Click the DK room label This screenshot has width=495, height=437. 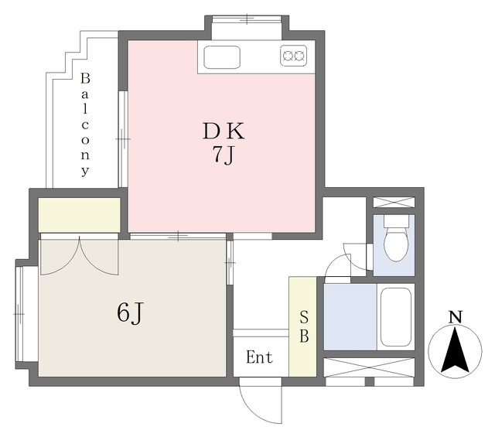(x=224, y=131)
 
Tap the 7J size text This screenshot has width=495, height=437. (x=224, y=155)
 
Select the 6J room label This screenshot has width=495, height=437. (x=130, y=312)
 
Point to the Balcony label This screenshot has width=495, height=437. (x=85, y=124)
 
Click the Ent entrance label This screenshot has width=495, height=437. (x=259, y=357)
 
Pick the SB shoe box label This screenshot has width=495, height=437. (x=304, y=326)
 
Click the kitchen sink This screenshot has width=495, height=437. (x=222, y=57)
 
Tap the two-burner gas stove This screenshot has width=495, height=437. (x=294, y=56)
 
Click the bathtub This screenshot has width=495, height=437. (x=396, y=317)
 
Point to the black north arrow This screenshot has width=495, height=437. (x=455, y=350)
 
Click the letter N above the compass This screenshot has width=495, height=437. (x=456, y=317)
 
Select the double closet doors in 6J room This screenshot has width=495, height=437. (x=80, y=255)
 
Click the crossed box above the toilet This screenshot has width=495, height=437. (x=394, y=203)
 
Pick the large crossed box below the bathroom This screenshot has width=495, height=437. (x=369, y=367)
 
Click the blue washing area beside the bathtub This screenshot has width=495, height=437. (x=350, y=317)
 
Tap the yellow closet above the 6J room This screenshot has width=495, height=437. (x=79, y=215)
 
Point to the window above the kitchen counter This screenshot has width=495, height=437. (x=247, y=19)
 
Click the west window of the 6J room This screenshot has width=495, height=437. (x=19, y=314)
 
